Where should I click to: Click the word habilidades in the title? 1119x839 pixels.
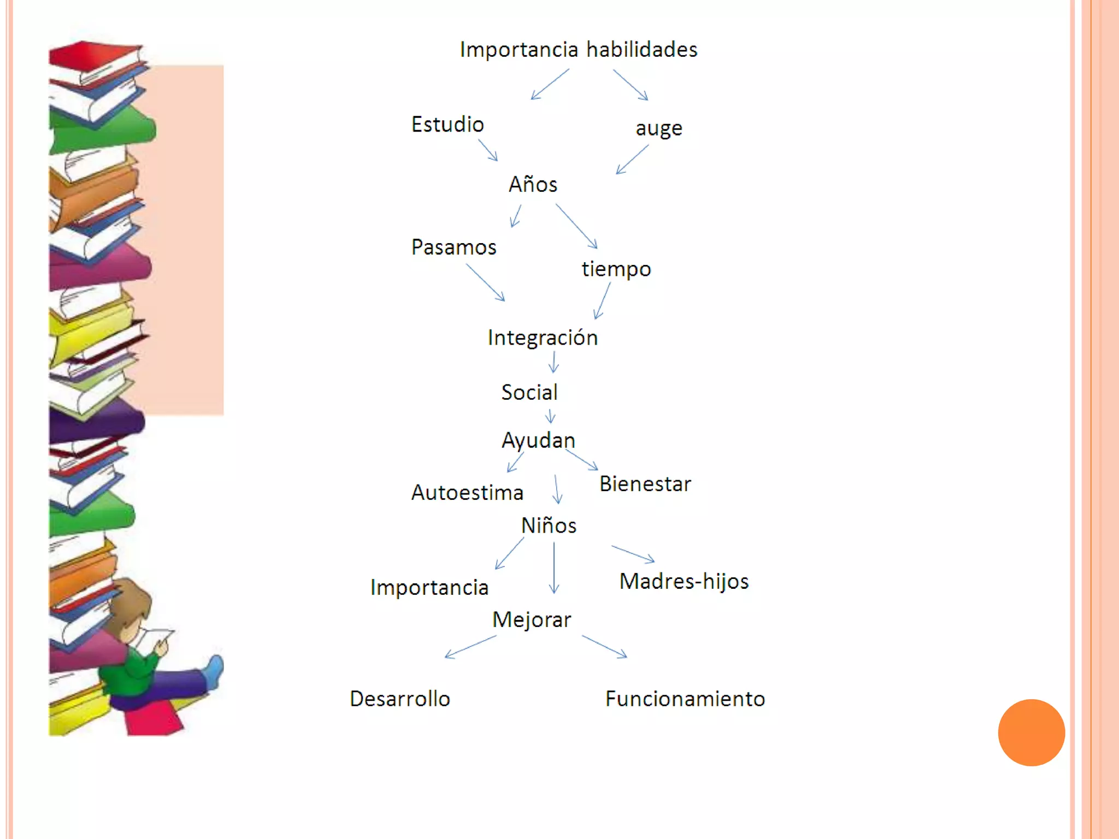coord(642,50)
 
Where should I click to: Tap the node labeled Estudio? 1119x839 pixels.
coord(447,125)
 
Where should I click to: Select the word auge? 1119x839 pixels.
coord(659,129)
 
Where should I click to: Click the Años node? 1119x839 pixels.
coord(533,185)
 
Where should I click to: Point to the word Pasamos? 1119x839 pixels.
coord(454,247)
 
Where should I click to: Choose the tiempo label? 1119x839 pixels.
coord(616,269)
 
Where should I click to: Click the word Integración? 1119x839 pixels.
coord(543,338)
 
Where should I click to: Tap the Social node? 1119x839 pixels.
coord(529,393)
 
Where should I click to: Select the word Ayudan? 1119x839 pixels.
coord(538,441)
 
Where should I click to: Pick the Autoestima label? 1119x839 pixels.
coord(467,493)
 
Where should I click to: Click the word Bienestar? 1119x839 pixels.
coord(645,485)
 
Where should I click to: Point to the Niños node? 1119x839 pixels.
coord(549,525)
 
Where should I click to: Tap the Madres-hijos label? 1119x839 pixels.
coord(684,581)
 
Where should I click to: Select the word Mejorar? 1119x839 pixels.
coord(532,620)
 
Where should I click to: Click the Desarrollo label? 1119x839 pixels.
coord(400,699)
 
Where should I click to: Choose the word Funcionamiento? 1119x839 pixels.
coord(685,699)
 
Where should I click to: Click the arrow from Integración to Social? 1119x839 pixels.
coord(553,362)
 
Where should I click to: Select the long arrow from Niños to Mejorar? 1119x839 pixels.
coord(554,568)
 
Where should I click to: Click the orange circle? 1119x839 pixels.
coord(1031,732)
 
